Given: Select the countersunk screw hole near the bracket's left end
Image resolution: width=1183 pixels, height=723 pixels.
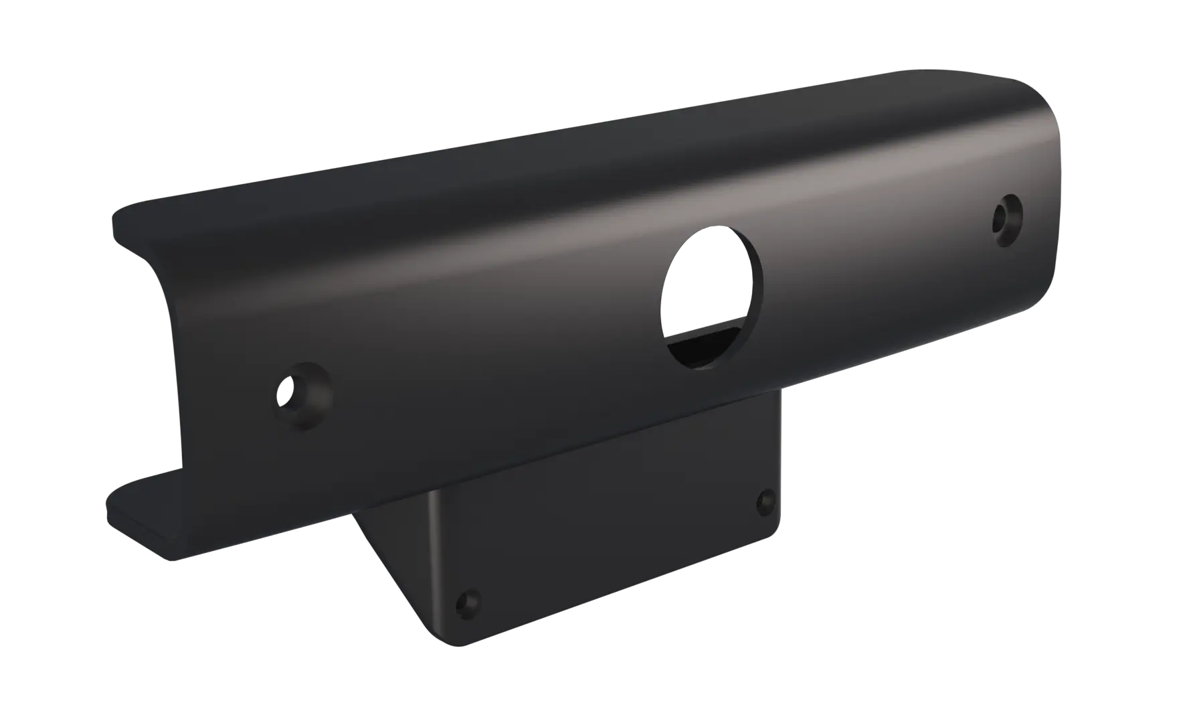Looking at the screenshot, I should pyautogui.click(x=304, y=395).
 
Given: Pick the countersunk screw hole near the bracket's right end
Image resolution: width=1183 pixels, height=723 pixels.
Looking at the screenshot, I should pyautogui.click(x=1007, y=218).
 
